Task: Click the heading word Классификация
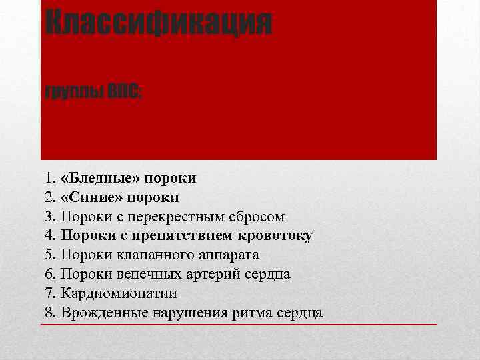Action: [159, 23]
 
